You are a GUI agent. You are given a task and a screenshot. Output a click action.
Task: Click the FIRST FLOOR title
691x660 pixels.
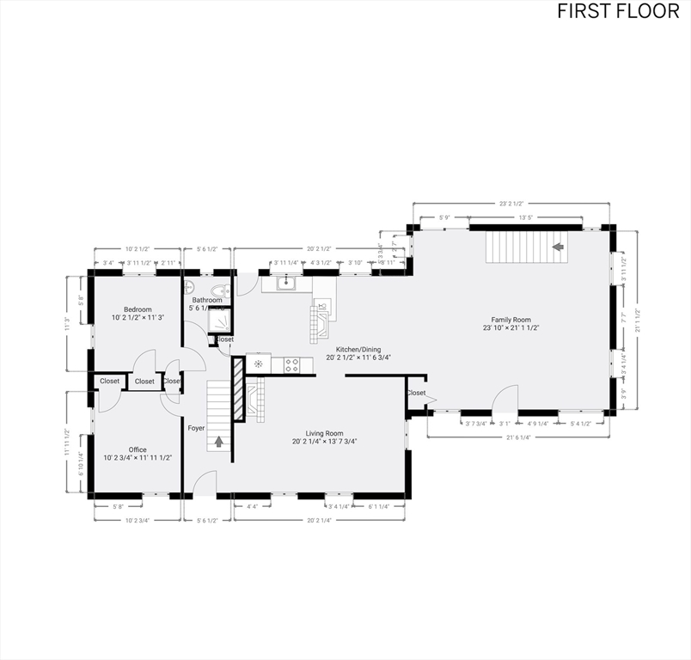pos(618,11)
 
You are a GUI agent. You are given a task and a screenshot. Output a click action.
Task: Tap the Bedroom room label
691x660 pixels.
pos(138,309)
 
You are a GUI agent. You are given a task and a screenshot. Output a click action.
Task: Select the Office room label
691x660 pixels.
pos(138,449)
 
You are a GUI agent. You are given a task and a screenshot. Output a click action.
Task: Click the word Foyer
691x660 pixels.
pos(197,427)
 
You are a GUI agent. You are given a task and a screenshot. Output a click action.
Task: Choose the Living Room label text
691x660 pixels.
pos(324,434)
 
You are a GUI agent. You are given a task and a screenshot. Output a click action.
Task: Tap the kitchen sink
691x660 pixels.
pos(286,283)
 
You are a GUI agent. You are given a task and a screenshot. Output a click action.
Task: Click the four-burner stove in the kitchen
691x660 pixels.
pos(291,364)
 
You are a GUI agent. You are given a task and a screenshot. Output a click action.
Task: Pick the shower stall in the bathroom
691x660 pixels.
pos(220,319)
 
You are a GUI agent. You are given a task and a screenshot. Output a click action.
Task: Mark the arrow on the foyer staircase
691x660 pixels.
pos(219,442)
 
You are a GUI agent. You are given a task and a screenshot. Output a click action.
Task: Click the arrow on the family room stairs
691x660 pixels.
pos(557,247)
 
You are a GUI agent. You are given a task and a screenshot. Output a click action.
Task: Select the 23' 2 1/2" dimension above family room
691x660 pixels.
pos(512,204)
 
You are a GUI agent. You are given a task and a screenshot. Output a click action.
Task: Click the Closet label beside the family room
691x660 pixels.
pos(416,393)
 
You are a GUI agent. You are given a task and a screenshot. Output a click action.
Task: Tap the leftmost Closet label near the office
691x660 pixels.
pos(110,381)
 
